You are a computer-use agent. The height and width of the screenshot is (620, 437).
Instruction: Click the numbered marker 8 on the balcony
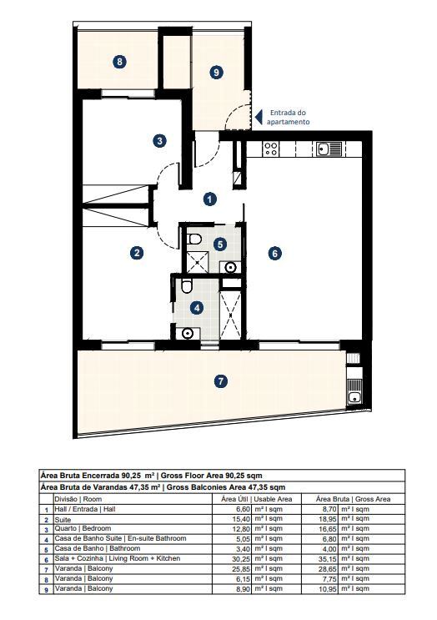[x=121, y=62]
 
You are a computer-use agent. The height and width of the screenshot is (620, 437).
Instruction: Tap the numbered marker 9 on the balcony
[x=216, y=73]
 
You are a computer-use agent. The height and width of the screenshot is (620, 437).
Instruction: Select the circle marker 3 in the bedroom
[x=160, y=141]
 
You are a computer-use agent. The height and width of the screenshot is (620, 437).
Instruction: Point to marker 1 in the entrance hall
[x=210, y=199]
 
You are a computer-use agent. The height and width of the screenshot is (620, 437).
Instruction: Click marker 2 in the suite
[x=137, y=252]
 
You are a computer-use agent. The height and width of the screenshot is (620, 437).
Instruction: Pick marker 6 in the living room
[x=274, y=253]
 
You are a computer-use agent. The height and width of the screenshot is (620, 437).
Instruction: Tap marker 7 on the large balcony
[x=220, y=381]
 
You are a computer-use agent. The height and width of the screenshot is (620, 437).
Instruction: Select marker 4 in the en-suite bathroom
[x=197, y=307]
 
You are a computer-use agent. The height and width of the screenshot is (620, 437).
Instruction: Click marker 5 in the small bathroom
[x=219, y=244]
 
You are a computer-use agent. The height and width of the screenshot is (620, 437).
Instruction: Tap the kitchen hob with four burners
[x=270, y=149]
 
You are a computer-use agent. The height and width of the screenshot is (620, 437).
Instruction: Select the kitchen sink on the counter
[x=323, y=149]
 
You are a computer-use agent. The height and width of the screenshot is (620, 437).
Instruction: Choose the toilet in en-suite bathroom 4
[x=186, y=288]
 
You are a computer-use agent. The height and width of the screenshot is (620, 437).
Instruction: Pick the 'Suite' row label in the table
[x=63, y=518]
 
